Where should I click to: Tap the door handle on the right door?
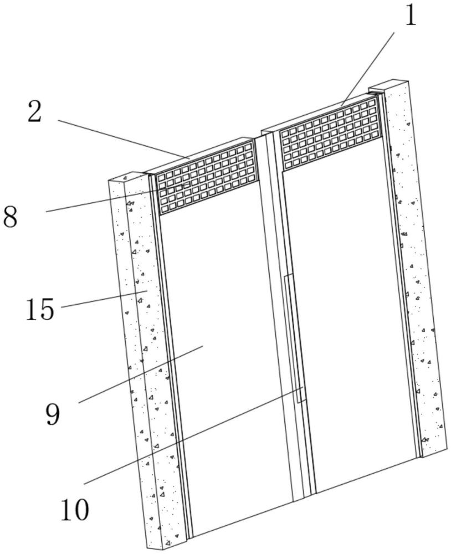click(294, 338)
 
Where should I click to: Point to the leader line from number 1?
click(367, 69)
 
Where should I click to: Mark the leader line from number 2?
click(124, 139)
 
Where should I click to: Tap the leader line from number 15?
click(104, 299)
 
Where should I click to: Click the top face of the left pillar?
click(127, 177)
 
